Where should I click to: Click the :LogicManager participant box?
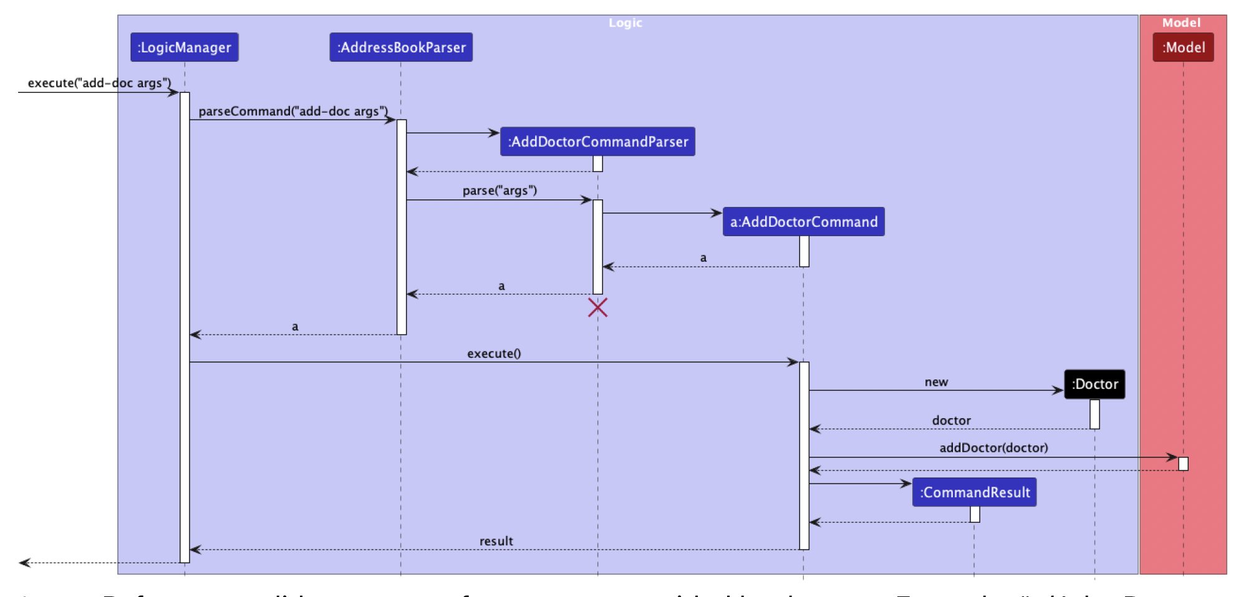coord(184,47)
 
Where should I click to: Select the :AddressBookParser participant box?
coord(401,47)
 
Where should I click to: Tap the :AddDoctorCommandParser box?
coord(597,141)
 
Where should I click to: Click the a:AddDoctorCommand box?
coord(803,222)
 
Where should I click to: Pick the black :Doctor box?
coord(1094,384)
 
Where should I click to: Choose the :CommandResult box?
coord(974,492)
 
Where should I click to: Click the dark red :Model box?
coord(1183,47)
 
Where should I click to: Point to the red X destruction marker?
coord(597,307)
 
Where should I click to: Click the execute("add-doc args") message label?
coord(99,83)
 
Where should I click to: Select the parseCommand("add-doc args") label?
coord(293,111)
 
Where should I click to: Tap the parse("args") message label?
coord(500,191)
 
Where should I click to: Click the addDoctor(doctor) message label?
coord(993,447)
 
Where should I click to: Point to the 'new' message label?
coord(936,382)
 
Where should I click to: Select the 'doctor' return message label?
coord(951,421)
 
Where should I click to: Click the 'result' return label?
coord(496,541)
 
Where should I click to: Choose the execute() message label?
coord(494,353)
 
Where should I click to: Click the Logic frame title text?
coord(625,23)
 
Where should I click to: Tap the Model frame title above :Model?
coord(1181,23)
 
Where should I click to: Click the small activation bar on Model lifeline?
coord(1183,464)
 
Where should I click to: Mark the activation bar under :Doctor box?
coord(1094,414)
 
